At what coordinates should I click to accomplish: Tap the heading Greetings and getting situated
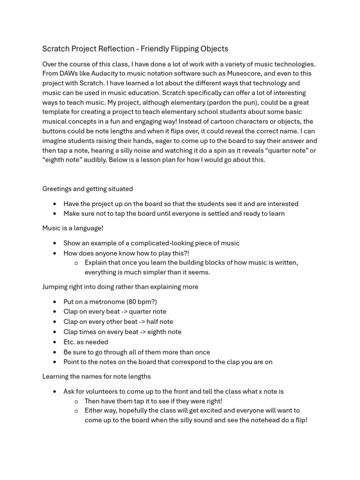point(88,189)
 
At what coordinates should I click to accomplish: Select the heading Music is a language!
point(73,228)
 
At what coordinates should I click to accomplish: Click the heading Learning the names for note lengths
point(97,376)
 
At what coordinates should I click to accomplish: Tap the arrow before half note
point(140,322)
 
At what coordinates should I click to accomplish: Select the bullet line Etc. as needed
point(86,342)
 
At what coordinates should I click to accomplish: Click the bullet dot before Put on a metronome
point(55,302)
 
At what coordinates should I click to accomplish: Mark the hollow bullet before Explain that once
point(76,263)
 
